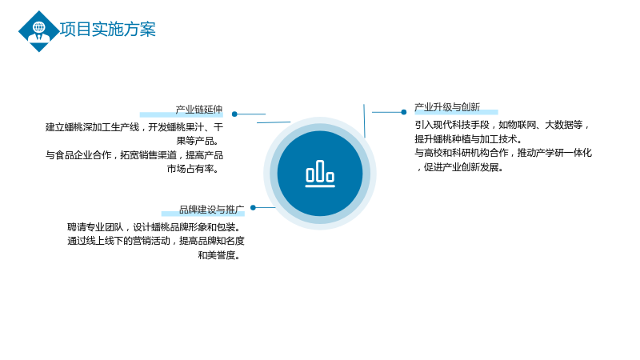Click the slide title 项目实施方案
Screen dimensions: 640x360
tap(108, 30)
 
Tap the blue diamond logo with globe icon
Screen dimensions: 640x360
tap(38, 31)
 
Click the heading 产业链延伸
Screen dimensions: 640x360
tap(198, 110)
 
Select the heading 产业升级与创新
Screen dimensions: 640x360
tap(447, 107)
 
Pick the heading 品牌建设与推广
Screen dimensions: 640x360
tap(211, 210)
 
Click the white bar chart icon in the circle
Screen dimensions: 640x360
tap(320, 174)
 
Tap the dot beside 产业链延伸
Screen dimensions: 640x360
tap(234, 114)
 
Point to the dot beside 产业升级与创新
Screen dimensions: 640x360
tap(404, 112)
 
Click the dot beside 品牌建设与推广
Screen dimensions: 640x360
tap(253, 208)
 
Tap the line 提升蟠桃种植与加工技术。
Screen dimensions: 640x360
tap(469, 139)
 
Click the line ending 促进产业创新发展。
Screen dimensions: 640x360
tap(461, 167)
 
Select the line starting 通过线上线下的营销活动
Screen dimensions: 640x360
tap(155, 242)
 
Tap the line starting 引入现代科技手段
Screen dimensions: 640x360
tap(503, 126)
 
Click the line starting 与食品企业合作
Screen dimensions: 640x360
tap(134, 155)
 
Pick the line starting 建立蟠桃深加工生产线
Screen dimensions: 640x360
tap(134, 127)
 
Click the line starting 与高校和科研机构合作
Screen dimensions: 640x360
tap(503, 153)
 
